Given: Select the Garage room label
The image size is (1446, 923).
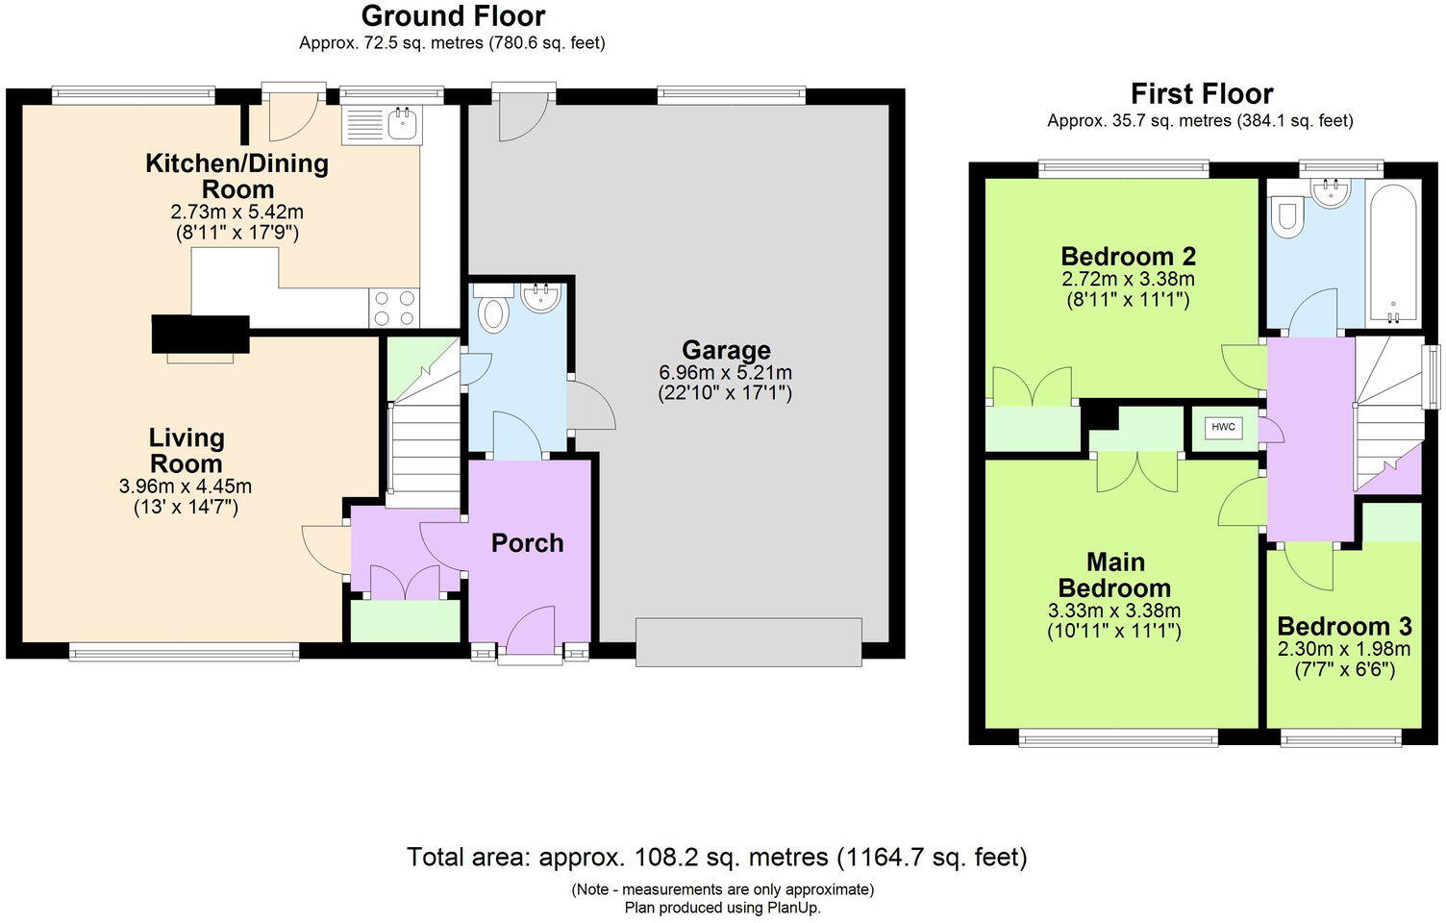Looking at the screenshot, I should [726, 350].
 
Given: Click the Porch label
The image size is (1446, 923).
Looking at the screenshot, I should [527, 543].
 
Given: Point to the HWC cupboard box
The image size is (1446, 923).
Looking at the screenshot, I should [1223, 428].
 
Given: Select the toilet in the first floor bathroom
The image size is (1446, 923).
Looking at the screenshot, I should [1285, 217].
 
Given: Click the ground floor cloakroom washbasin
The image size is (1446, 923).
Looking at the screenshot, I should [543, 297].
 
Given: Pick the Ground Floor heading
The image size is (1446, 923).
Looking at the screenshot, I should [453, 16].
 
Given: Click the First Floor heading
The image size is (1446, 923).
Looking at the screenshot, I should [1201, 94].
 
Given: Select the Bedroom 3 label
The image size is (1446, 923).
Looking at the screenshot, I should [1344, 627].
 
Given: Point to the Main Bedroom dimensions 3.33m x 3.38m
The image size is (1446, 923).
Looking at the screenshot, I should [1114, 611].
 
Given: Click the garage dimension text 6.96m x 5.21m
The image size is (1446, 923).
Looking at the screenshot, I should [726, 372].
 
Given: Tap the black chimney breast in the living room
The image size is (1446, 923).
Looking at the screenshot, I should [200, 335].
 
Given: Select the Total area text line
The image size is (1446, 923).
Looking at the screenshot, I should [716, 857].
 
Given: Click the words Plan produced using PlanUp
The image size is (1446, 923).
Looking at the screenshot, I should [722, 908].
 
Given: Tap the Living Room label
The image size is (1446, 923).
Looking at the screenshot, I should [186, 451].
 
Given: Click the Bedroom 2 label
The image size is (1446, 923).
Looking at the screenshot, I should [1128, 257].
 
